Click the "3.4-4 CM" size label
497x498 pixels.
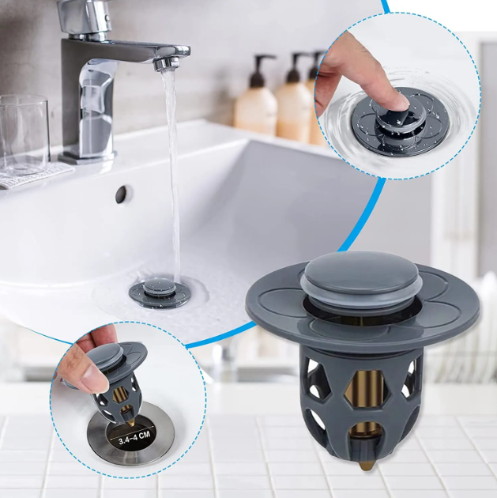(x=134, y=437)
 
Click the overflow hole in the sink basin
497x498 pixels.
(x=122, y=194)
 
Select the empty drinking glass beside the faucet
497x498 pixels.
(x=24, y=134)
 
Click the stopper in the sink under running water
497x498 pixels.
(x=160, y=294)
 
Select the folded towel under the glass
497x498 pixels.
(x=33, y=174)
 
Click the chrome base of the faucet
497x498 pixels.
(x=86, y=155)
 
